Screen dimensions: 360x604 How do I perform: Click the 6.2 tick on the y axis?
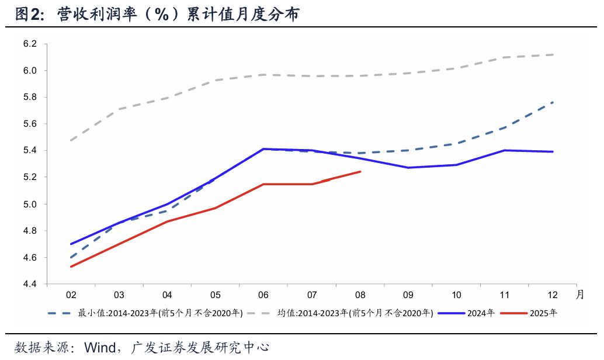pos(30,44)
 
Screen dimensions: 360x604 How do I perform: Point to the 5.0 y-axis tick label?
pos(30,204)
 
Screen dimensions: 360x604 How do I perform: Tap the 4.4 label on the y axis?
pos(30,284)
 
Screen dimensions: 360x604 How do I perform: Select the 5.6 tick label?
pos(30,124)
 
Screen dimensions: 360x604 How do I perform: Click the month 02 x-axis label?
pos(71,295)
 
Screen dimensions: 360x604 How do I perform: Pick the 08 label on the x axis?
pos(360,295)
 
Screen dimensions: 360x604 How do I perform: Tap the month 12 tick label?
pos(553,295)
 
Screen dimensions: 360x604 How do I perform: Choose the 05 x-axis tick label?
pos(216,295)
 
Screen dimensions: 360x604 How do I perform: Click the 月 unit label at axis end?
pos(579,295)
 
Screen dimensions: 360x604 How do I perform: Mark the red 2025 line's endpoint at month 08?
pos(360,172)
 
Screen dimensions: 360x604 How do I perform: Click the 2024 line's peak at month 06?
pos(264,149)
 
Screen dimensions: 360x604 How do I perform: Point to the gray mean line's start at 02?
pos(71,140)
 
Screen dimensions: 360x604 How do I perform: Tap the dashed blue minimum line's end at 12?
pos(553,102)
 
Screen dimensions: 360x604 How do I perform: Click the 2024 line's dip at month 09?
pos(408,168)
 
